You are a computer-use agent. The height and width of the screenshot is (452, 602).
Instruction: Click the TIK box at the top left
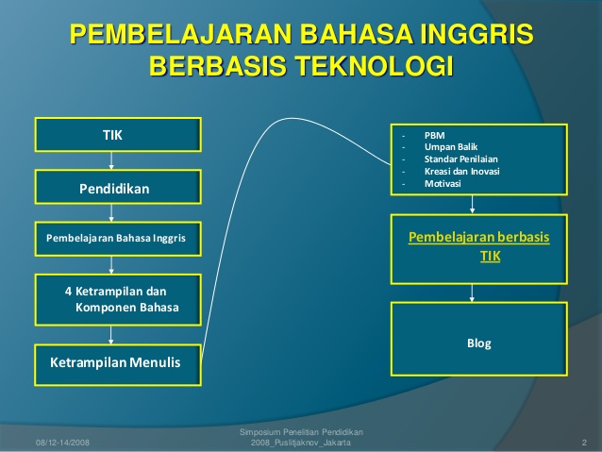coord(118,135)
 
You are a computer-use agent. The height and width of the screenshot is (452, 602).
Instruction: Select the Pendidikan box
coord(118,187)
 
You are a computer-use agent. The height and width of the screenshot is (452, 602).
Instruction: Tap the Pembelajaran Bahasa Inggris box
coord(118,239)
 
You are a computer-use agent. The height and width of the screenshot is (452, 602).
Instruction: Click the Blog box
coord(479,339)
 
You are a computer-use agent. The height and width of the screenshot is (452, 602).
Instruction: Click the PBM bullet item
coord(435,136)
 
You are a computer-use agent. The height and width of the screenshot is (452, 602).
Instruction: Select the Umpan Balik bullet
coord(451,147)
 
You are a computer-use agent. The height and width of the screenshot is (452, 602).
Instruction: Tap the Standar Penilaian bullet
coord(461,159)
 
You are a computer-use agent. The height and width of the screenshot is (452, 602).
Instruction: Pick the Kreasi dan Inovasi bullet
coord(461,172)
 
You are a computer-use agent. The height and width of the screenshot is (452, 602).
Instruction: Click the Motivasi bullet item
coord(443,184)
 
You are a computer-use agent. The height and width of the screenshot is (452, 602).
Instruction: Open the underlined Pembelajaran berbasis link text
coord(478,238)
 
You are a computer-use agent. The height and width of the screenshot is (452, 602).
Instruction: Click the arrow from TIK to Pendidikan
coord(111,161)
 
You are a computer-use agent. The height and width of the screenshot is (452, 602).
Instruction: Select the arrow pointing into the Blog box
coord(472,293)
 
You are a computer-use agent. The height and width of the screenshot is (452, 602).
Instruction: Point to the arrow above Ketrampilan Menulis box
coord(111,335)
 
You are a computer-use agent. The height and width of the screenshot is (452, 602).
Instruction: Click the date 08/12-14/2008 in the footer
coord(62,443)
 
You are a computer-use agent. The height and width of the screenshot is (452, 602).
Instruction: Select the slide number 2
coord(584,443)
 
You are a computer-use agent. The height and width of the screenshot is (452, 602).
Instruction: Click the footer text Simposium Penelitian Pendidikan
coord(301,432)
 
